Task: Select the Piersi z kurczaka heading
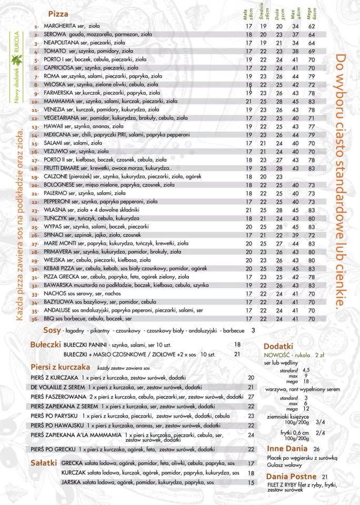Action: (60, 367)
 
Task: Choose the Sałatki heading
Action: (44, 463)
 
